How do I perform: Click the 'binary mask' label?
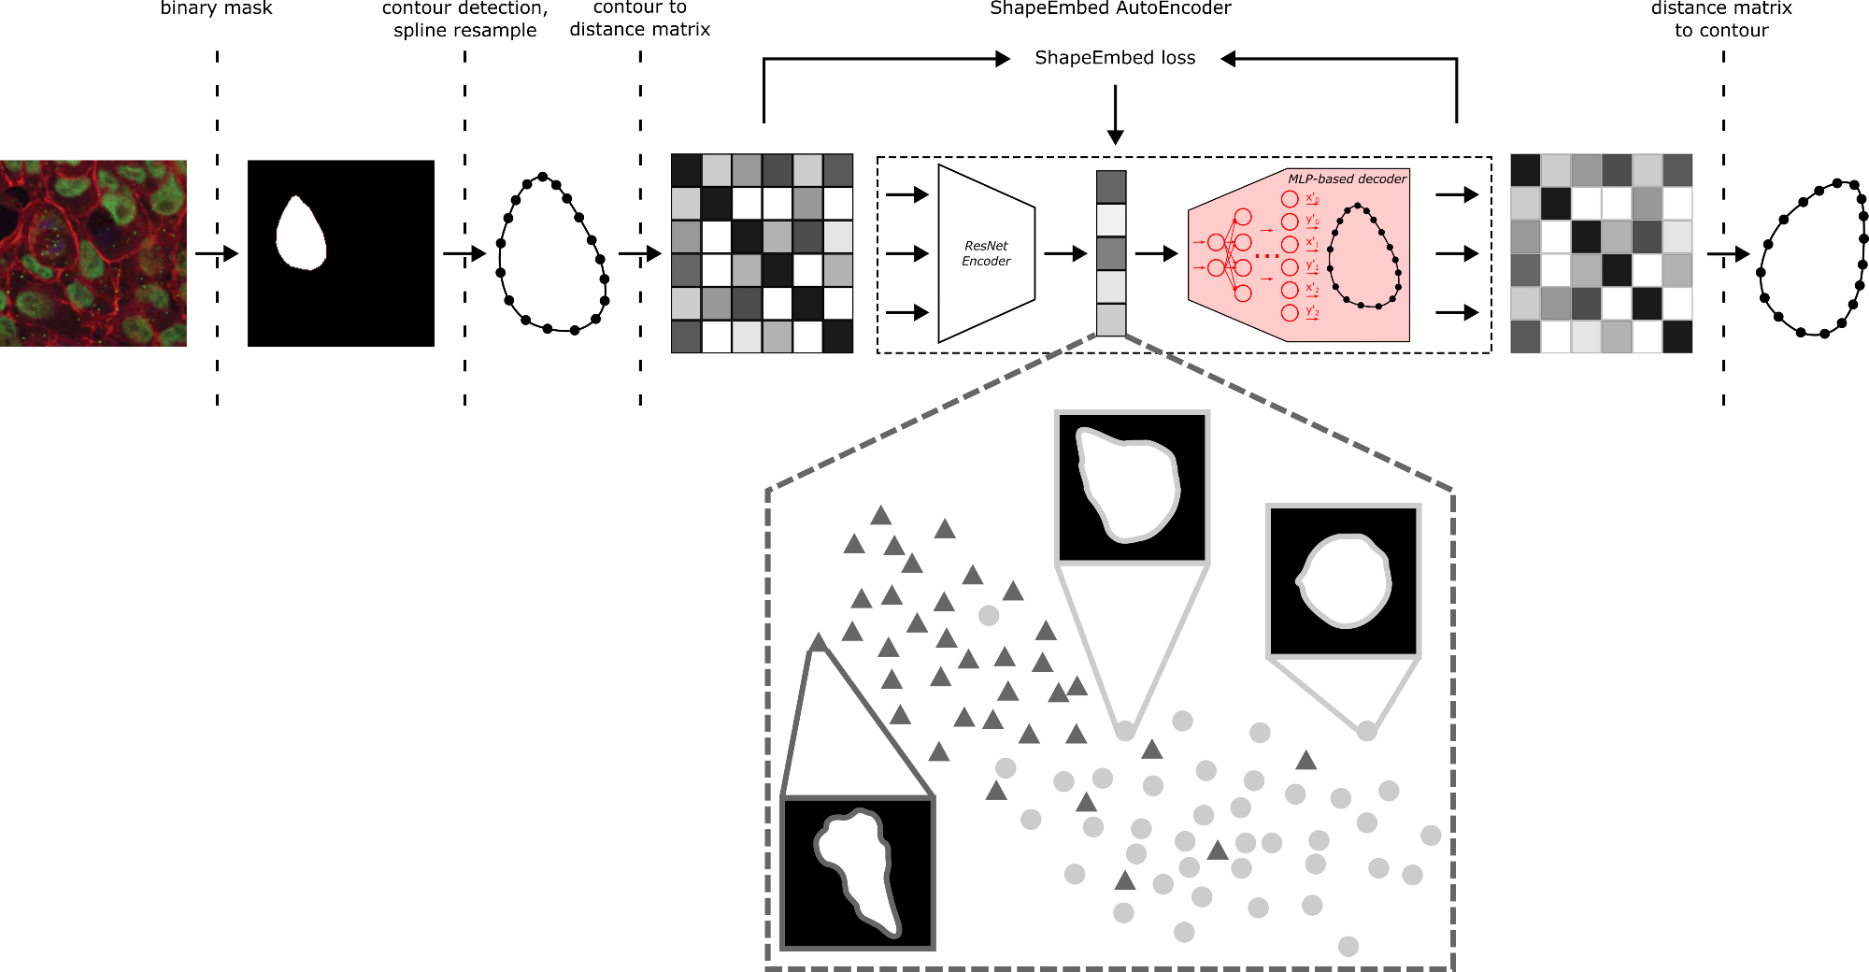(x=216, y=9)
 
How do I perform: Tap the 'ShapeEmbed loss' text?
(x=1115, y=58)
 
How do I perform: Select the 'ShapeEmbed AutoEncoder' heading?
(x=1110, y=9)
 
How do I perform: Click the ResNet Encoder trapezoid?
(x=986, y=253)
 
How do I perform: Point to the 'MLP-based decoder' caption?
(x=1347, y=179)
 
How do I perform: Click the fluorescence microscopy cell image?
(x=93, y=253)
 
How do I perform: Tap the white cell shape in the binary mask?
(x=301, y=235)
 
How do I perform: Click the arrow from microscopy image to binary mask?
(x=217, y=253)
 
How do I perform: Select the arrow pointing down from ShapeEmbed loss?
(x=1115, y=115)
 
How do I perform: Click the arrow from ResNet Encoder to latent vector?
(x=1065, y=253)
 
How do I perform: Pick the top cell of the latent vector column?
(x=1111, y=187)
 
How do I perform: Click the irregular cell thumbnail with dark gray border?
(x=858, y=873)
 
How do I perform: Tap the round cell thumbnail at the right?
(x=1343, y=581)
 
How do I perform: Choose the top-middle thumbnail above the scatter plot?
(x=1132, y=487)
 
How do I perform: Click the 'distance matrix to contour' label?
(x=1721, y=19)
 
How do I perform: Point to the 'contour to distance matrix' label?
(x=640, y=19)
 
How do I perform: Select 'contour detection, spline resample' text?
(x=464, y=19)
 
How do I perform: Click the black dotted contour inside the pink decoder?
(x=1364, y=256)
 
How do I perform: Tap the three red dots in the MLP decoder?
(x=1267, y=256)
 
